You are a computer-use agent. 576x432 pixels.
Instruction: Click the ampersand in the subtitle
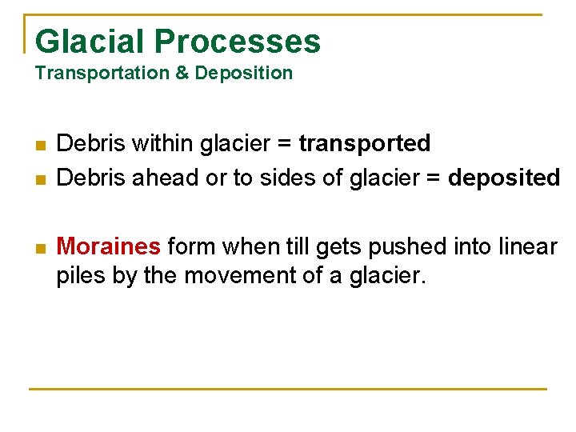tap(181, 74)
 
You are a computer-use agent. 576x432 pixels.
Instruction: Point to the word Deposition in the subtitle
tap(244, 74)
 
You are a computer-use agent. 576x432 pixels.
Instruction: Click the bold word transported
tap(364, 144)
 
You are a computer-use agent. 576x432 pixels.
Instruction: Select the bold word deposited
tap(504, 178)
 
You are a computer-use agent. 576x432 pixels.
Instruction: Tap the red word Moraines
tap(109, 246)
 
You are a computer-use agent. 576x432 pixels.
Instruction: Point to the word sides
tap(286, 178)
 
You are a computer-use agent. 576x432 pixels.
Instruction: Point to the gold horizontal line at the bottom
tap(288, 390)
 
